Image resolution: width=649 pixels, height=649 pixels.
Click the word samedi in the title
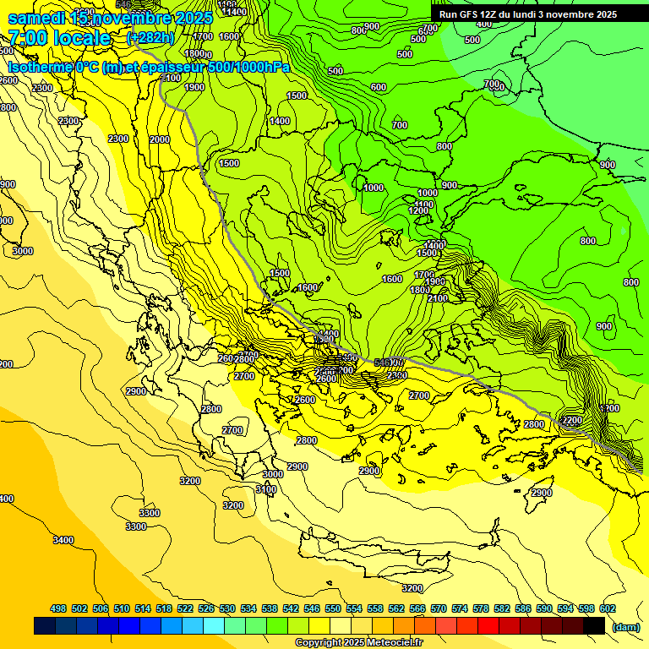coord(37,17)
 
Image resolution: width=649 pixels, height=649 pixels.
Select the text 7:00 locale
coord(59,38)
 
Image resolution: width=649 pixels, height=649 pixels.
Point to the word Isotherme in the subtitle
coord(41,67)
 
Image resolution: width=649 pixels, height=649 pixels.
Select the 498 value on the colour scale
coord(58,608)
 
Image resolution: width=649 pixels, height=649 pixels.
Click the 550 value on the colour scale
coord(332,608)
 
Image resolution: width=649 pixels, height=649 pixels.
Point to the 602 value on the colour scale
coord(607,608)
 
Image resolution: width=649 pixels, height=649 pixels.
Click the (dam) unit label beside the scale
coord(625,626)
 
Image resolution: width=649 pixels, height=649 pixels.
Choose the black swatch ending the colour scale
coord(594,626)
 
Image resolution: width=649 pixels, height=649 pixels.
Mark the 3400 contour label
coord(63,539)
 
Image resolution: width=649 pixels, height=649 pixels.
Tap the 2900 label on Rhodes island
coord(541,493)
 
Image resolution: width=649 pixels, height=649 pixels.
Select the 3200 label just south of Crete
coord(412,587)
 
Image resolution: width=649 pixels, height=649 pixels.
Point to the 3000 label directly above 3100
coord(272,474)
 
